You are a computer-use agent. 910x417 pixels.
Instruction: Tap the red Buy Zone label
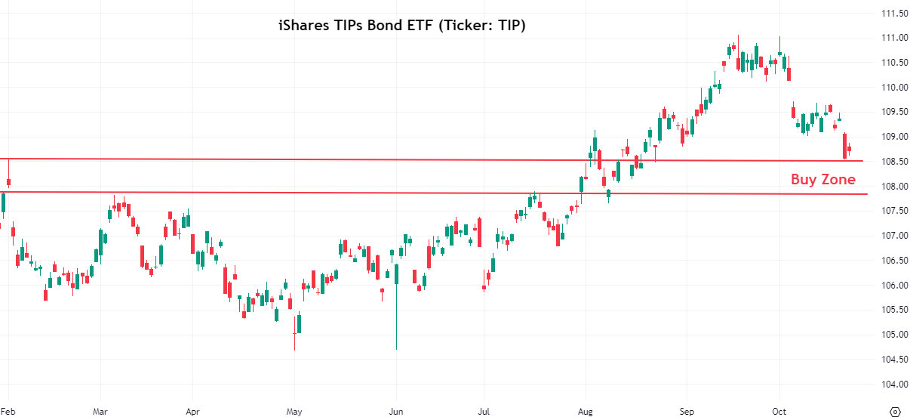822,179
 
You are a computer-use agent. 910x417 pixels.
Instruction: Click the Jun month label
394,412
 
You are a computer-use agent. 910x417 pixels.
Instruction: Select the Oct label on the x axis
779,412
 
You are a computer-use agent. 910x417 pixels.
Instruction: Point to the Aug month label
584,412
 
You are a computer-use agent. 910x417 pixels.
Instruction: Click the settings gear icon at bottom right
896,411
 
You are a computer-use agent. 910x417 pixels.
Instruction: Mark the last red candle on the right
849,149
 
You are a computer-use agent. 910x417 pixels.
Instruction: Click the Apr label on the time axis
192,412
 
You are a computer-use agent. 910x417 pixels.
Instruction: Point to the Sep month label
685,412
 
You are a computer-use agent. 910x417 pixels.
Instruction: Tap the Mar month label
100,412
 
